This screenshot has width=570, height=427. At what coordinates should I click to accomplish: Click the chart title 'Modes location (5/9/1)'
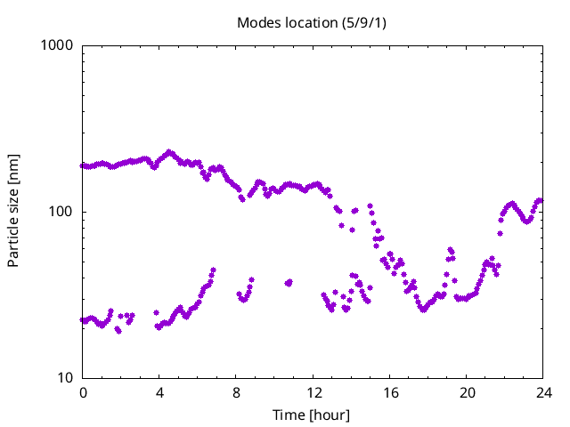coord(311,22)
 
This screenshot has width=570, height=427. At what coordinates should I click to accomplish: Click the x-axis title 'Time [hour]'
coord(311,415)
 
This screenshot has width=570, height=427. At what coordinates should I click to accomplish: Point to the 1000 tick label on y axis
coord(58,45)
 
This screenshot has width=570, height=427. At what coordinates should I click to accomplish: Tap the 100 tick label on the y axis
coord(61,212)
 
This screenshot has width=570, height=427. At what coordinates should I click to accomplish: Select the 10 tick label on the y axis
coord(65,378)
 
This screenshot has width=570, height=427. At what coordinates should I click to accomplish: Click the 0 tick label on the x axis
coord(83,392)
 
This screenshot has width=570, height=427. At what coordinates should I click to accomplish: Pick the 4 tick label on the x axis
coord(159,392)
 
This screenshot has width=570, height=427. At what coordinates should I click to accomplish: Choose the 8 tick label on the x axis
coord(236,392)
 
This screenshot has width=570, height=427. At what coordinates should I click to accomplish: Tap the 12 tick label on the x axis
coord(313,392)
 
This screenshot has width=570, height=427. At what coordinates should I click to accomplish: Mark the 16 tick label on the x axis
coord(390,392)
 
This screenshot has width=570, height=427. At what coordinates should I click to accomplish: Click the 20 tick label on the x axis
coord(467,392)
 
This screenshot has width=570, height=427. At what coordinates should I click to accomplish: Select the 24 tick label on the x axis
coord(543,392)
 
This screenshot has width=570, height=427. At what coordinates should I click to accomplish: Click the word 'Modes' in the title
coord(256,22)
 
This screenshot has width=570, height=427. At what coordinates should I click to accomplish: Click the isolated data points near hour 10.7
coord(289,283)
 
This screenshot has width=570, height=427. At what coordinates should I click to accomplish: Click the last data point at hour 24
coord(540,200)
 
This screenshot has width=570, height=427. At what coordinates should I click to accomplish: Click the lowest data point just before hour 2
coord(118,331)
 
